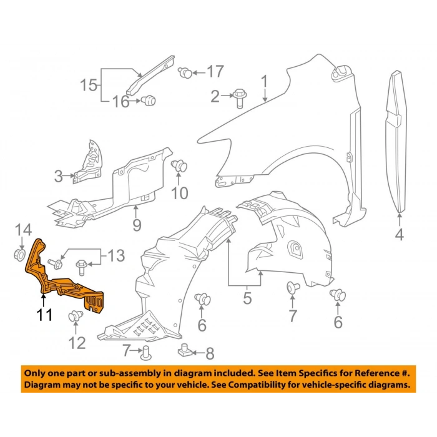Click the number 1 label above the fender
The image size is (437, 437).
[x=264, y=81]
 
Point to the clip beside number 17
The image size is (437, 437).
[x=185, y=72]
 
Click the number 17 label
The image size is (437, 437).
[x=215, y=72]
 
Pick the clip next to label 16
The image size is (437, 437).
[x=149, y=100]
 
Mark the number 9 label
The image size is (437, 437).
[x=137, y=224]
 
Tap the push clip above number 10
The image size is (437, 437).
[x=180, y=166]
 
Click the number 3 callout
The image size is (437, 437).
[x=58, y=177]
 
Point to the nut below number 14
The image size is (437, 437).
[x=18, y=255]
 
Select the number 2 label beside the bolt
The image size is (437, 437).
[x=215, y=96]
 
